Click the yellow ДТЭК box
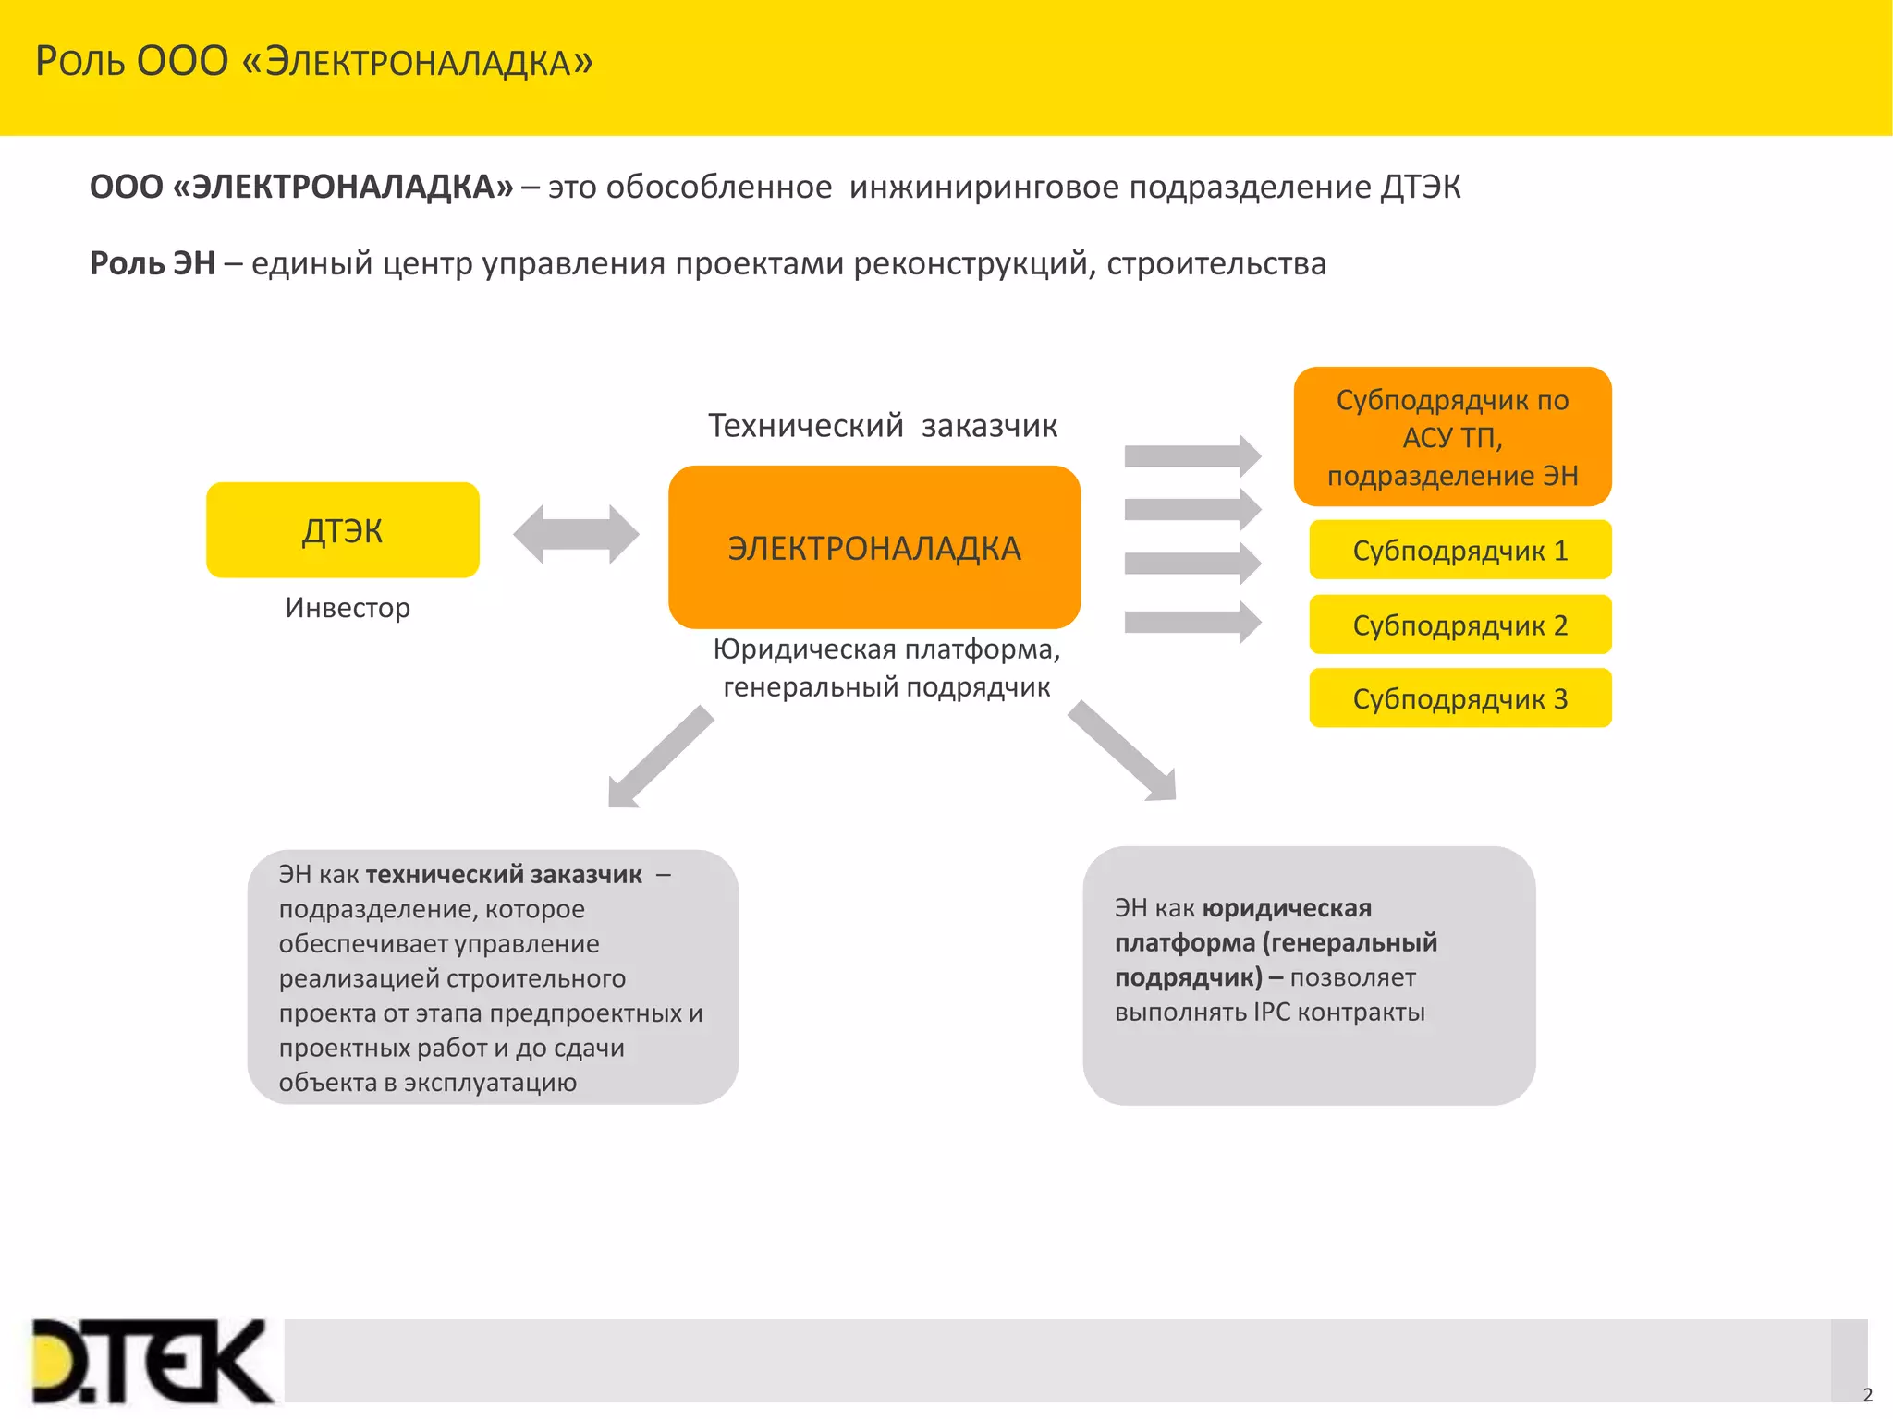pyautogui.click(x=342, y=530)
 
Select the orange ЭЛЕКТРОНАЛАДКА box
pyautogui.click(x=873, y=548)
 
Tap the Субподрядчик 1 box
pyautogui.click(x=1459, y=551)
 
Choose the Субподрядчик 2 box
pyautogui.click(x=1459, y=625)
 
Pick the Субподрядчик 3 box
pyautogui.click(x=1459, y=698)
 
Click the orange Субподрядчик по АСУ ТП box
pyautogui.click(x=1452, y=437)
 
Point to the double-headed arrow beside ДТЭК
pyautogui.click(x=576, y=534)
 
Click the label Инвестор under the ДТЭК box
pyautogui.click(x=348, y=608)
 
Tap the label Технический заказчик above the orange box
pyautogui.click(x=883, y=426)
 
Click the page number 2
pyautogui.click(x=1867, y=1395)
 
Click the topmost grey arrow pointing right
pyautogui.click(x=1191, y=455)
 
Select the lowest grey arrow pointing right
pyautogui.click(x=1191, y=622)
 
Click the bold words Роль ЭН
pyautogui.click(x=153, y=264)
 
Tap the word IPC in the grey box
pyautogui.click(x=1271, y=1013)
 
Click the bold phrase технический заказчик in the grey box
pyautogui.click(x=504, y=875)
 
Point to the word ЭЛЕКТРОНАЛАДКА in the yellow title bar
pyautogui.click(x=429, y=63)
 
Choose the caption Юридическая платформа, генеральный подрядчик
pyautogui.click(x=886, y=668)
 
